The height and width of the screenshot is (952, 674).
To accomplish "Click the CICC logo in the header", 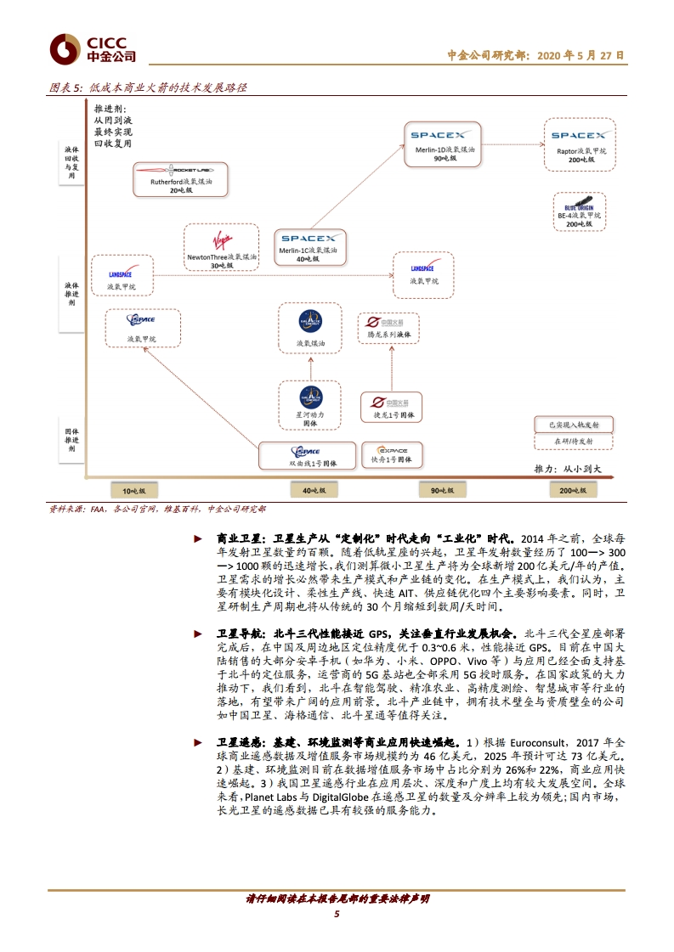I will point(93,49).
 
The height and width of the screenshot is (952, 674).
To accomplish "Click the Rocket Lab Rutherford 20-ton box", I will point(179,178).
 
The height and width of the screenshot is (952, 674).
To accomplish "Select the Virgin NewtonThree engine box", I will point(220,247).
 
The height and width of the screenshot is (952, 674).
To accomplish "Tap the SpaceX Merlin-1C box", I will point(309,246).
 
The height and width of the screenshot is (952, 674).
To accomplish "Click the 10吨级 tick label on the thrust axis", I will point(133,491).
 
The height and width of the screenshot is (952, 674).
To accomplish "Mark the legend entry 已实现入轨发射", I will point(574,424).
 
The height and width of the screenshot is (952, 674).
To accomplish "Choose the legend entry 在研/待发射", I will point(574,442).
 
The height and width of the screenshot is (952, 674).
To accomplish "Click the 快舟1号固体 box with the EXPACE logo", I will point(391,455).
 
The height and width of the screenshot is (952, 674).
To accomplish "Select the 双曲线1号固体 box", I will point(305,456).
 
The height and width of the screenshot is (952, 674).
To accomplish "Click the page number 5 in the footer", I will point(337,914).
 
